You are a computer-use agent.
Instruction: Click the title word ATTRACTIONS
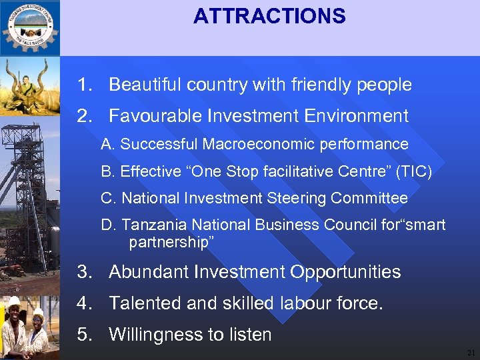pyautogui.click(x=269, y=16)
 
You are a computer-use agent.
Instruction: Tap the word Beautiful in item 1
pyautogui.click(x=144, y=85)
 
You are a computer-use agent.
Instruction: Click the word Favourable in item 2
pyautogui.click(x=155, y=116)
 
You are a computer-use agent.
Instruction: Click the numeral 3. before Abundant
pyautogui.click(x=83, y=272)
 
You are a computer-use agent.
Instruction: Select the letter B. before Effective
pyautogui.click(x=107, y=172)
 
